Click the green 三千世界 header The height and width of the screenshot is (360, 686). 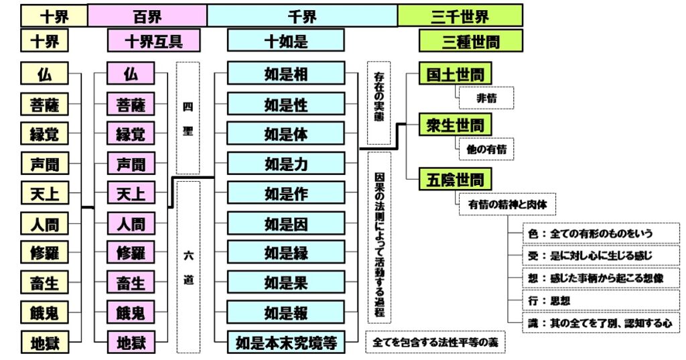coord(460,14)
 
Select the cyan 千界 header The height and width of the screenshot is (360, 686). coord(301,14)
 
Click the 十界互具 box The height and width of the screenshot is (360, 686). coord(153,41)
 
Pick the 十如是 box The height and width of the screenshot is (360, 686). coord(285,41)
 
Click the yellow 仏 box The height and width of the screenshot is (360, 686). coord(44,74)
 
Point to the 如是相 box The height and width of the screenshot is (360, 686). coord(285,74)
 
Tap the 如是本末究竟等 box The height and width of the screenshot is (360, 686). coord(285,342)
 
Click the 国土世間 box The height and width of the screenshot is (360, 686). coord(455,73)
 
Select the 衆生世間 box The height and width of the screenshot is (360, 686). coord(455,124)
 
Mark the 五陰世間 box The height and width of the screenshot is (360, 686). coord(455,179)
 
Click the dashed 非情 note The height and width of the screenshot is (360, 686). coord(486,98)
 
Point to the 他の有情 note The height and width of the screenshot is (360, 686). coord(486,149)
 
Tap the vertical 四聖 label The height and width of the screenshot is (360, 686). coord(188,118)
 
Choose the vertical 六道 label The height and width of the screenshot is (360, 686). coord(188,267)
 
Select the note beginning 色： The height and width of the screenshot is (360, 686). coord(601,233)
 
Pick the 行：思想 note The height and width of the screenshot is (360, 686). coord(601,300)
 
